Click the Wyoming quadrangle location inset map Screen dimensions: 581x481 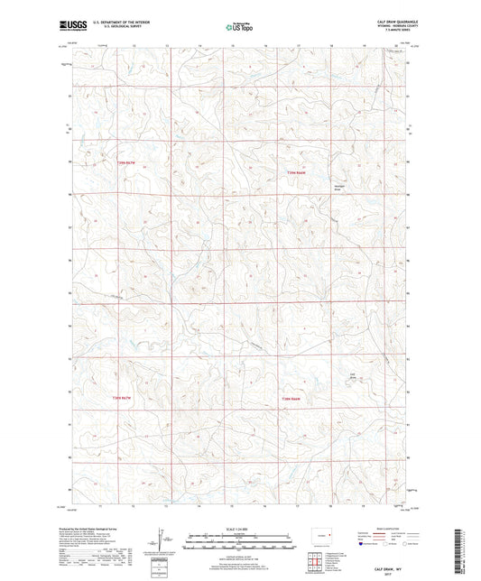(x=321, y=533)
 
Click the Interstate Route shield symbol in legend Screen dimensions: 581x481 (x=366, y=544)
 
